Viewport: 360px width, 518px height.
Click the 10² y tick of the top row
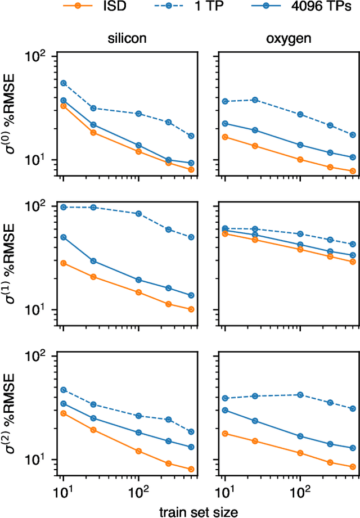click(x=42, y=57)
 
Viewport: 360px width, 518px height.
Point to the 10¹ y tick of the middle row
click(x=42, y=310)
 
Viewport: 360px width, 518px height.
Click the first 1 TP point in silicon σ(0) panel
click(x=64, y=83)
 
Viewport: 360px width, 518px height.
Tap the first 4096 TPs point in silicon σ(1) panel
click(x=64, y=237)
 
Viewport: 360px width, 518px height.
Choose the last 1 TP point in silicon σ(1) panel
click(x=191, y=237)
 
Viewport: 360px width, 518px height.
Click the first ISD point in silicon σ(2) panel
click(x=64, y=413)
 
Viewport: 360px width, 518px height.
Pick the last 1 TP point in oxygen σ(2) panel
click(x=353, y=408)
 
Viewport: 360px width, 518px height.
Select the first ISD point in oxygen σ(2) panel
click(x=225, y=433)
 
